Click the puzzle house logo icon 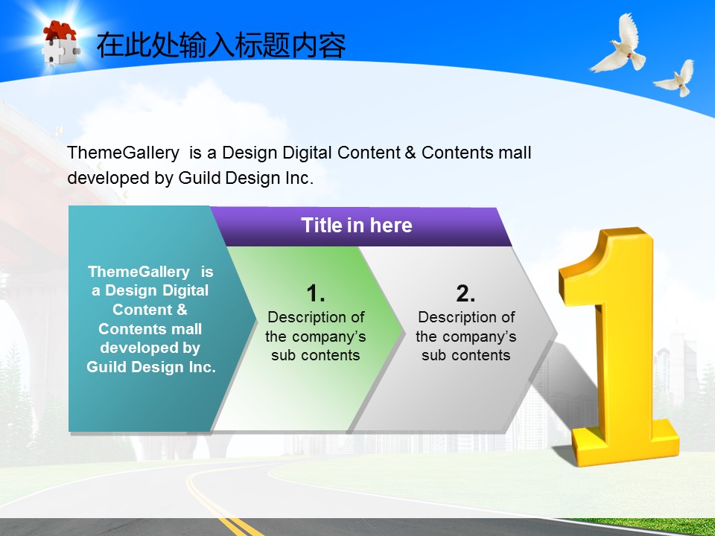[x=61, y=43]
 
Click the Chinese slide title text [x=221, y=45]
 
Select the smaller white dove [x=676, y=78]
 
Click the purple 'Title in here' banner [x=361, y=226]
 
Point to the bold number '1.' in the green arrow [x=316, y=293]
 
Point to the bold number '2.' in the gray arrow [x=465, y=293]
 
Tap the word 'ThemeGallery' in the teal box [x=139, y=272]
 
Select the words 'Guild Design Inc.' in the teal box [x=151, y=367]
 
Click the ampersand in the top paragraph [x=410, y=152]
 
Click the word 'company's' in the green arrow [x=337, y=336]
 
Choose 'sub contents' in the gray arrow [x=465, y=355]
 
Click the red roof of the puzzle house [x=60, y=31]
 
